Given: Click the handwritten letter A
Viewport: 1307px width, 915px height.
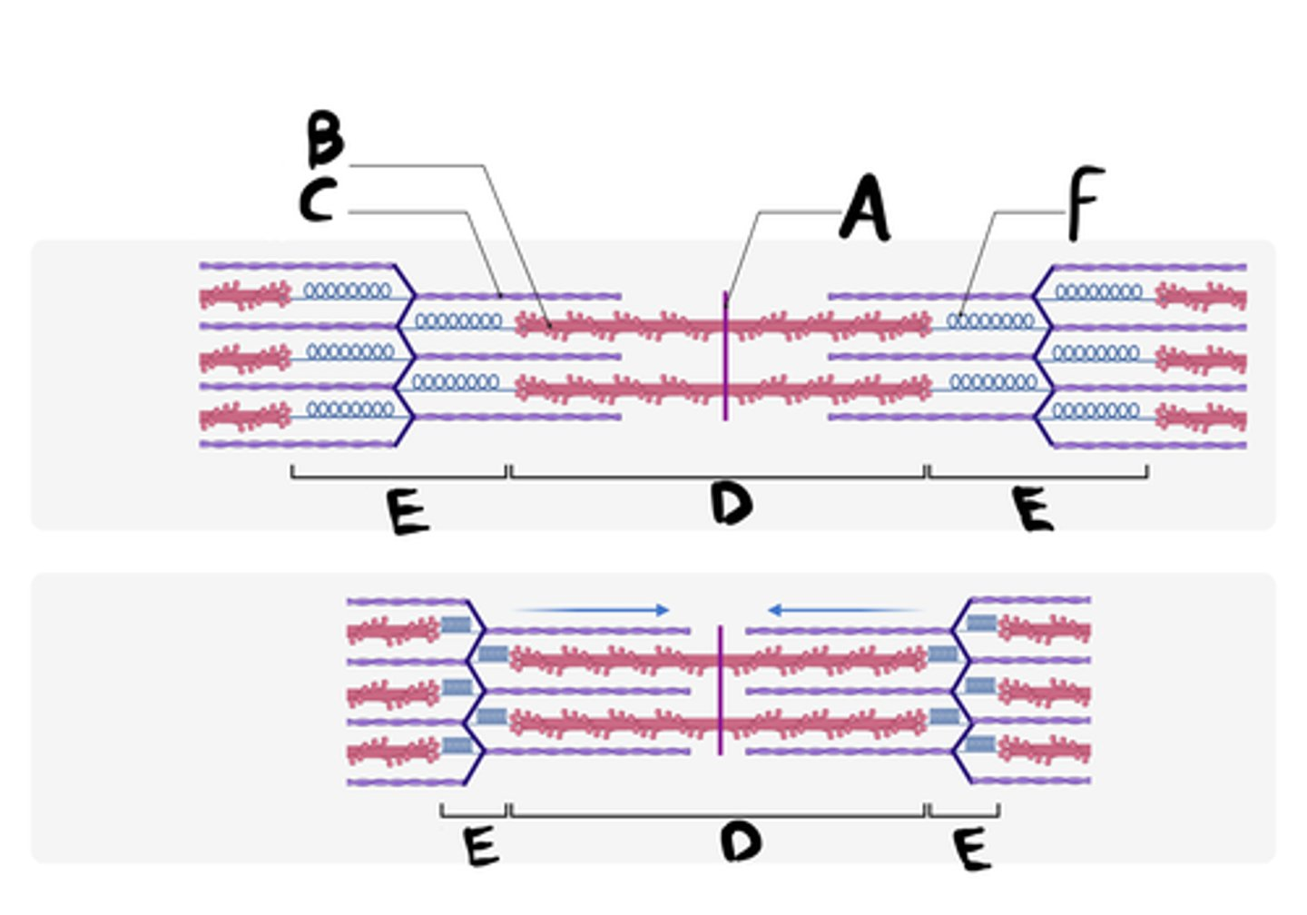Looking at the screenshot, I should pos(865,208).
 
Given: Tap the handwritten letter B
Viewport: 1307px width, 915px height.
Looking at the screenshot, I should pos(324,139).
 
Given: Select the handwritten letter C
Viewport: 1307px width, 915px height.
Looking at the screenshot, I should pos(319,201).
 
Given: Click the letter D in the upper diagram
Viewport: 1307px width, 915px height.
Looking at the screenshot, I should pos(732,503).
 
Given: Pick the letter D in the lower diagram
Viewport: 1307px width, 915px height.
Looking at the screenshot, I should pos(741,841).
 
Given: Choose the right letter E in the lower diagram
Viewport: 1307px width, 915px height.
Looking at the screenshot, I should pos(971,850).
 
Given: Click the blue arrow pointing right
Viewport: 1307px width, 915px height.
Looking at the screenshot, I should pos(595,610).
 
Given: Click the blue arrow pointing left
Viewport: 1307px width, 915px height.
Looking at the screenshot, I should pos(844,610).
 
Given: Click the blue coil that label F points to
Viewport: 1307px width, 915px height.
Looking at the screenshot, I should pos(990,321).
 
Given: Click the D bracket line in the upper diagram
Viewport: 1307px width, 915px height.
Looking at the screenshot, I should pos(717,477).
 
